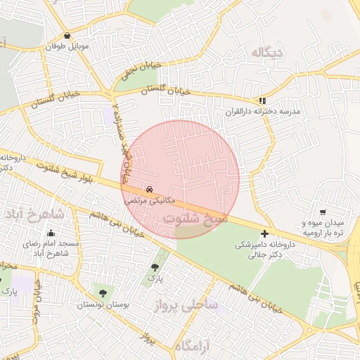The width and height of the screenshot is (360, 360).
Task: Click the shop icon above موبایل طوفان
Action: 67,36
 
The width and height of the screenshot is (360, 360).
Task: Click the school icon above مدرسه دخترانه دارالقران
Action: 262,101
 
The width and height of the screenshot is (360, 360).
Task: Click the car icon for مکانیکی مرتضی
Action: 149,189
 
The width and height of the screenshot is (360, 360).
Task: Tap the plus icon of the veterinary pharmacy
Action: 264,233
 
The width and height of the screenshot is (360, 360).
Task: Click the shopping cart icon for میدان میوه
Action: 323,212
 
